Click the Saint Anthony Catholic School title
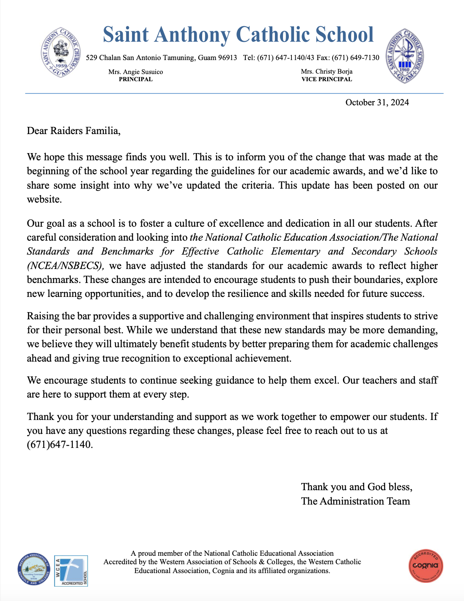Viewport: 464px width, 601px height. click(238, 35)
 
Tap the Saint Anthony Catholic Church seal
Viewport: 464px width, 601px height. click(60, 52)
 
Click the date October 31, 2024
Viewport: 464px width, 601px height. click(377, 102)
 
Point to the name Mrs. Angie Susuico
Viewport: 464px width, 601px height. click(135, 72)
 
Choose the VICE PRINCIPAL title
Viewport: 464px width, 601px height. click(327, 79)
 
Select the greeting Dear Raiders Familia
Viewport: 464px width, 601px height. click(74, 131)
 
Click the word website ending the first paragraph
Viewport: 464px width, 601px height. click(44, 200)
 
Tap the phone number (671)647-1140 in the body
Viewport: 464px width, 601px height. click(59, 445)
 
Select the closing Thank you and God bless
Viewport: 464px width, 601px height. click(356, 487)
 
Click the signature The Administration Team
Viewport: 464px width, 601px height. click(355, 501)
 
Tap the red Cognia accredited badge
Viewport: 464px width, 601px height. click(426, 566)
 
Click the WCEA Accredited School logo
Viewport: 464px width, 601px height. click(71, 571)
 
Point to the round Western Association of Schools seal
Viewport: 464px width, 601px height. click(34, 569)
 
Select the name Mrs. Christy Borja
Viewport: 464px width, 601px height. click(327, 72)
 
